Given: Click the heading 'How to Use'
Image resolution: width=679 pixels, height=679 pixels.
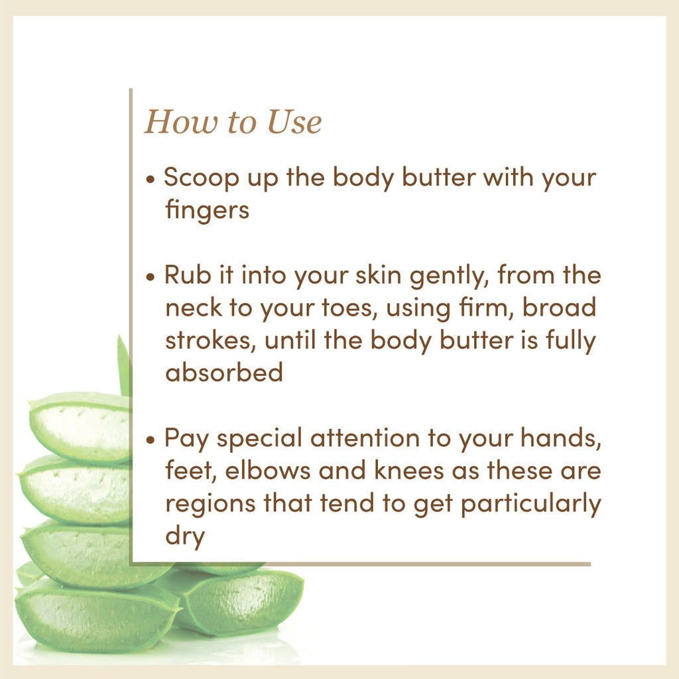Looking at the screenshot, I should coord(233,123).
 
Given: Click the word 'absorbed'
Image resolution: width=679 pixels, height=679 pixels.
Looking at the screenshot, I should coord(224,372).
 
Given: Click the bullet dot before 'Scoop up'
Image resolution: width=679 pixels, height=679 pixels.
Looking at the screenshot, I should coord(151,180).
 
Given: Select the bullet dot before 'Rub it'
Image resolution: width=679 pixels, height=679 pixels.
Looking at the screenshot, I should coord(151,277).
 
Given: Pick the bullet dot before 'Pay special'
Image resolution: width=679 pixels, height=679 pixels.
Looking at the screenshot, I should coord(151,439).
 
